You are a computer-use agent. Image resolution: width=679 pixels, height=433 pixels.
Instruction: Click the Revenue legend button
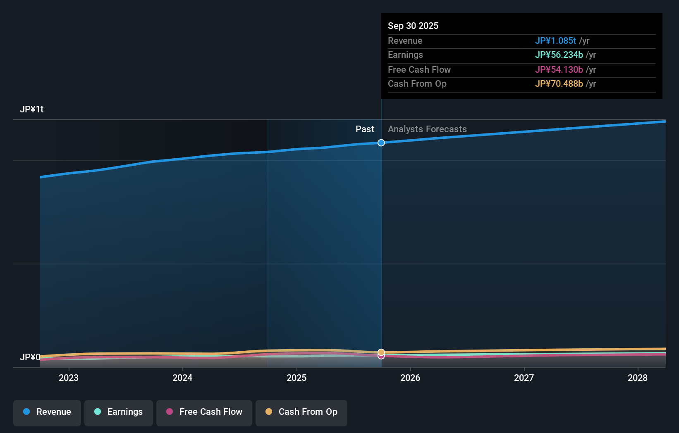tap(47, 412)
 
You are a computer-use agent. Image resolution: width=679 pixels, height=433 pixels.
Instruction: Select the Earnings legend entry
tap(119, 412)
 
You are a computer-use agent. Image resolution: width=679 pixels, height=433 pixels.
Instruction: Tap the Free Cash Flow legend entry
tap(204, 412)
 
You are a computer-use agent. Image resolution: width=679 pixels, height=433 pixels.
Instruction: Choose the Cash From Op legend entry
tap(301, 412)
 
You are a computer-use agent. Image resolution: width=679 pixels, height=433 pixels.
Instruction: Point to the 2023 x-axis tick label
tap(69, 378)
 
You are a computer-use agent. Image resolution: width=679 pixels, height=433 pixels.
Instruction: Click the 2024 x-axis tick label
tap(182, 378)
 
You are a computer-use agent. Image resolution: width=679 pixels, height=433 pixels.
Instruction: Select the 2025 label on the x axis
tap(296, 378)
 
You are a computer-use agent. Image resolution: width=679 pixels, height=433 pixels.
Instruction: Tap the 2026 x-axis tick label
tap(410, 378)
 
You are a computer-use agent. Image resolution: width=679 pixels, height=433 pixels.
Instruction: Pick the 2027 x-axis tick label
tap(524, 378)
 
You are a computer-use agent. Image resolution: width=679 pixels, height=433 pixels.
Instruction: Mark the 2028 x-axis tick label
tap(638, 378)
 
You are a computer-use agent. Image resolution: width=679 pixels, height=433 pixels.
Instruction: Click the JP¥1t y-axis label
tap(32, 109)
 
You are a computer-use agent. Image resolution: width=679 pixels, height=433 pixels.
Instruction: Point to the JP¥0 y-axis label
tap(30, 357)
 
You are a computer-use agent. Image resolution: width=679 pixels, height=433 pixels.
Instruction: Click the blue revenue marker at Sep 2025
tap(381, 143)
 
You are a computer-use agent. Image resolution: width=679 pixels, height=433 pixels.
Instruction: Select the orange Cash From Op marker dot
tap(381, 352)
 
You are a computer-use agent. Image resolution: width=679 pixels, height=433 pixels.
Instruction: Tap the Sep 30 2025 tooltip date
tap(413, 26)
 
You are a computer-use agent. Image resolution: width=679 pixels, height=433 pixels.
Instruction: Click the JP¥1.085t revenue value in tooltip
tap(555, 41)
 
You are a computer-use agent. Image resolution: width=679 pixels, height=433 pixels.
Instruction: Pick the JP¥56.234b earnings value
tap(559, 55)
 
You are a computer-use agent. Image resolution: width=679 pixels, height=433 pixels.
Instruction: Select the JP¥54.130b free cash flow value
tap(559, 70)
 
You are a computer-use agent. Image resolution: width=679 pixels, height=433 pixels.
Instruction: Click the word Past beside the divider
tap(365, 129)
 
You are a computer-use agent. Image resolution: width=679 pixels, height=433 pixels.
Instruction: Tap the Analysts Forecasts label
tap(427, 129)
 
